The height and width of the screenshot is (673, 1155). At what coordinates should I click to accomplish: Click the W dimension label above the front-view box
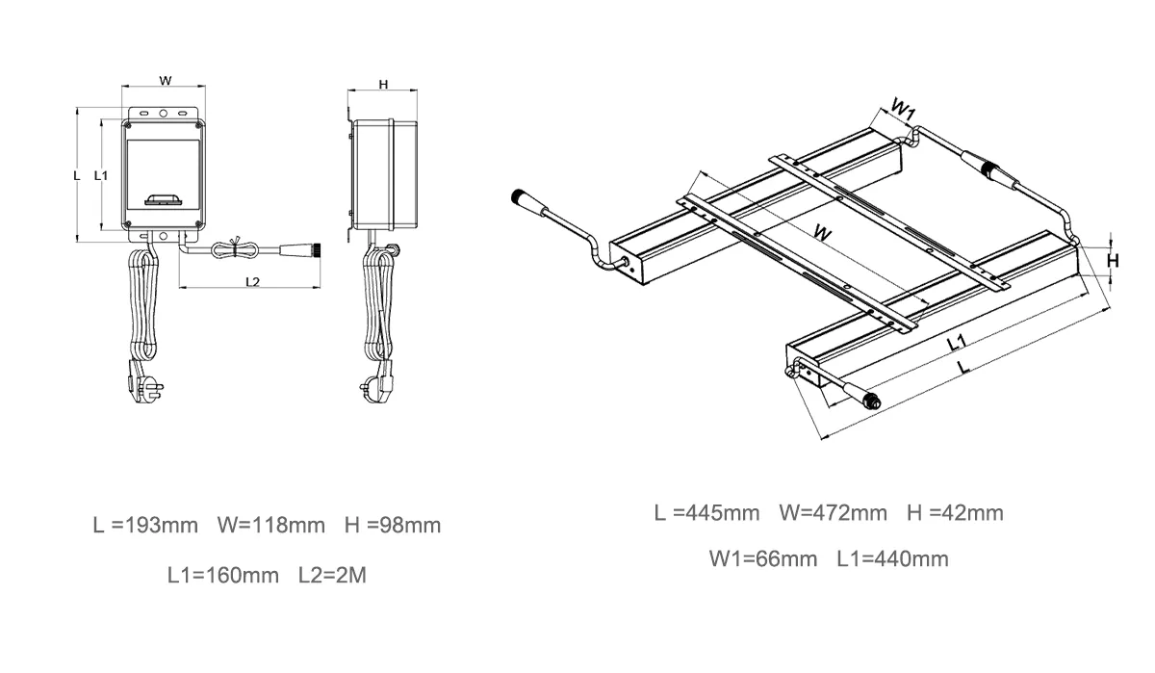(x=165, y=81)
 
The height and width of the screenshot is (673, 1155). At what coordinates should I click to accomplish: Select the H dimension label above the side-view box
(x=383, y=85)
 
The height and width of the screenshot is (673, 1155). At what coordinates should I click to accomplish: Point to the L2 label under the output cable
(x=252, y=281)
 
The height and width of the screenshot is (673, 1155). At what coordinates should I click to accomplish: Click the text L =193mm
(x=145, y=526)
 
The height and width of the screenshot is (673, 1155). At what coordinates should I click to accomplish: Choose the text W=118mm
(x=271, y=526)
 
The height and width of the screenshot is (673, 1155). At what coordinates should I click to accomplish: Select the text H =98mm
(x=393, y=526)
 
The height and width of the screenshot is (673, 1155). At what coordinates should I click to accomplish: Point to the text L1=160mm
(x=223, y=575)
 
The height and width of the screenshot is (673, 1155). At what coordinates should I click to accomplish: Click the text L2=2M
(x=333, y=575)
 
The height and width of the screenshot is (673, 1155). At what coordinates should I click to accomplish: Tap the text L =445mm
(x=706, y=513)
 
